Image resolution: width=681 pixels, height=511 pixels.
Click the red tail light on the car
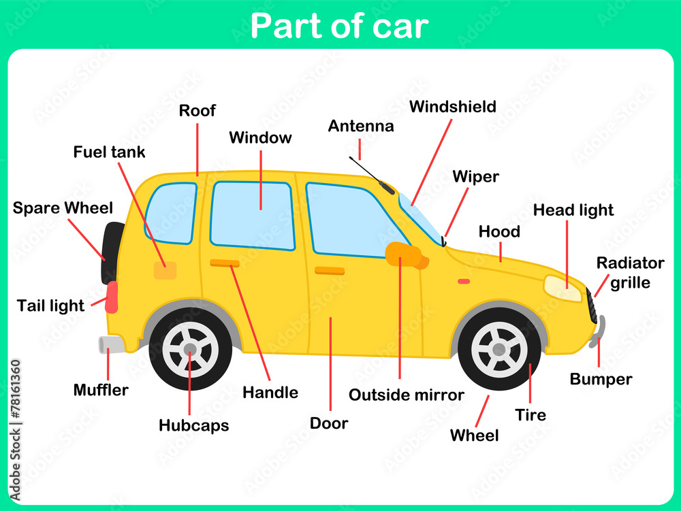click(x=112, y=297)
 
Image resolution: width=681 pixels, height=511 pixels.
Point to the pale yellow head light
click(x=563, y=289)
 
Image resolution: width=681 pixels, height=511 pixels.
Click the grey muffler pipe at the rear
click(x=111, y=344)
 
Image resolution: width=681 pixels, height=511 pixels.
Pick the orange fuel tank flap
click(x=165, y=270)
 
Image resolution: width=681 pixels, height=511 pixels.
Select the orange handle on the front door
click(x=330, y=271)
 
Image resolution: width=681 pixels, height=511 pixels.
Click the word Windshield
click(x=452, y=107)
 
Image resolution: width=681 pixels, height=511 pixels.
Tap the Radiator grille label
click(x=630, y=273)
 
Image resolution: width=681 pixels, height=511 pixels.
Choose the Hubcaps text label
click(x=194, y=426)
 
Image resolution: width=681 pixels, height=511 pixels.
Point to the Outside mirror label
click(x=407, y=395)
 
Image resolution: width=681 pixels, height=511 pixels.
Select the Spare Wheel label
click(x=63, y=208)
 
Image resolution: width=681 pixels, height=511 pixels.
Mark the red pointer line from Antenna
click(x=359, y=149)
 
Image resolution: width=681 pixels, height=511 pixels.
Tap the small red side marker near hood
click(x=464, y=281)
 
